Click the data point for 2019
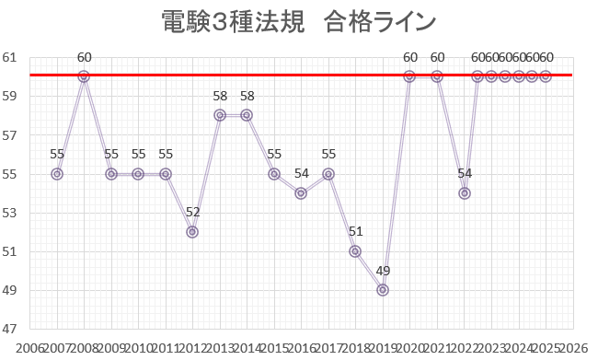[x=383, y=290]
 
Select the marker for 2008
[x=84, y=76]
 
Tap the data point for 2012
[x=192, y=232]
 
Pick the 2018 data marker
[x=355, y=251]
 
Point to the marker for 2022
[x=465, y=193]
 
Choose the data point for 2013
[x=220, y=115]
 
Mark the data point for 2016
[x=301, y=193]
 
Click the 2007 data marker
[x=57, y=174]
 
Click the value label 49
[x=383, y=270]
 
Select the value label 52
[x=192, y=212]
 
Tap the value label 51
[x=355, y=231]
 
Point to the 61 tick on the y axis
[x=10, y=57]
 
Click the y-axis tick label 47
[x=10, y=329]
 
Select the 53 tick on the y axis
[x=10, y=213]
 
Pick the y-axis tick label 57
[x=10, y=134]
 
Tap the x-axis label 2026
[x=571, y=349]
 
